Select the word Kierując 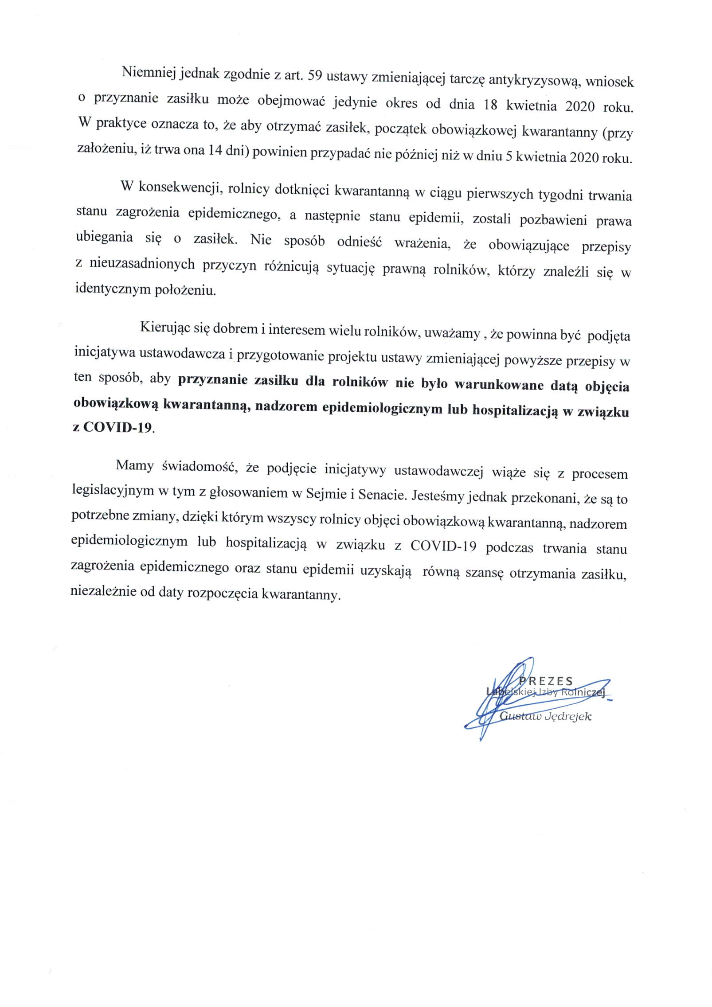[165, 328]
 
